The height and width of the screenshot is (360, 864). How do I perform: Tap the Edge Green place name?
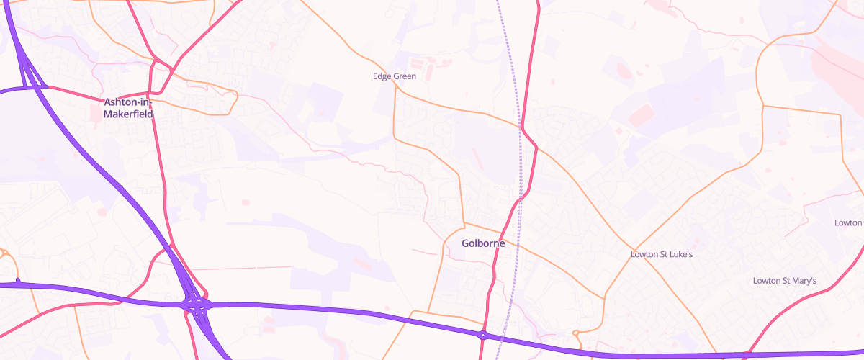395,76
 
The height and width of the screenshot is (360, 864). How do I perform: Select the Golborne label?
483,243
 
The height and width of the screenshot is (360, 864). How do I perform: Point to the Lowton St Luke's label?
661,254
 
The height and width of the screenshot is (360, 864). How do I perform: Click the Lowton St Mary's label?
784,280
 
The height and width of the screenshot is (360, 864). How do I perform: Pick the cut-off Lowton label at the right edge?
848,222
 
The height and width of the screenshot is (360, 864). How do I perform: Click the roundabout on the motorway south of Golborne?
483,334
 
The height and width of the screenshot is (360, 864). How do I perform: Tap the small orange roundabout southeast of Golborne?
576,333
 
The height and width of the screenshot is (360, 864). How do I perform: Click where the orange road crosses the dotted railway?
520,127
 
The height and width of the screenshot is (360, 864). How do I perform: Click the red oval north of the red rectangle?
624,71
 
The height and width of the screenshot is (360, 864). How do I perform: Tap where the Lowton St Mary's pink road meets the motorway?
749,354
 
